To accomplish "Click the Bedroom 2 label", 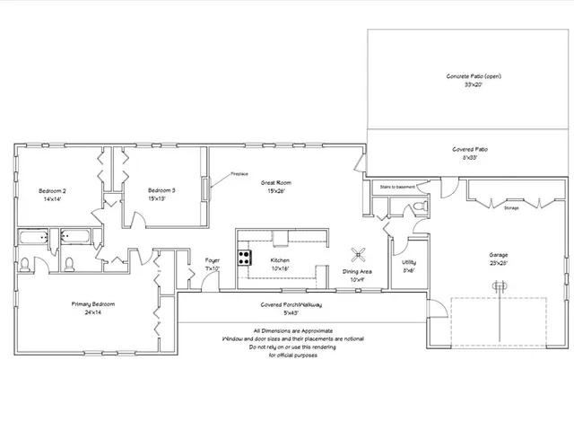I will point(53,190).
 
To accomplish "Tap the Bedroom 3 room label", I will point(161,190).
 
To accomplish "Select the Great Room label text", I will point(275,182).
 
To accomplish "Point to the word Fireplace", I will point(239,173).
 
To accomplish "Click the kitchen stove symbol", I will point(243,258).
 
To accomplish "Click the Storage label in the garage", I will point(510,207).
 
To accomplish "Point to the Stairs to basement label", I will point(398,186).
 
